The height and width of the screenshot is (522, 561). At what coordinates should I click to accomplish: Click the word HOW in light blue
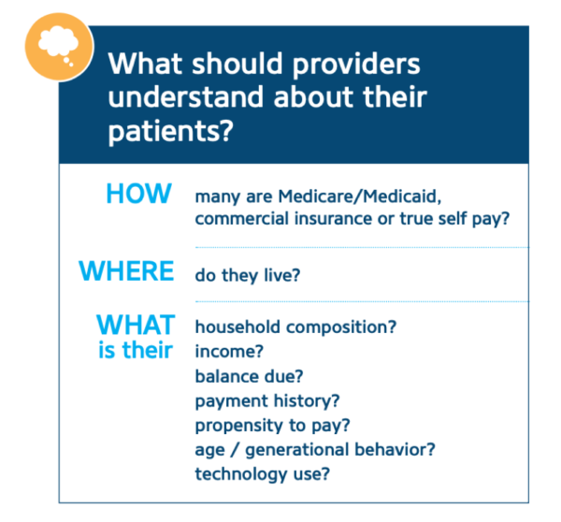tap(138, 194)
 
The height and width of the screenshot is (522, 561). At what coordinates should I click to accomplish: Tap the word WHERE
tap(126, 271)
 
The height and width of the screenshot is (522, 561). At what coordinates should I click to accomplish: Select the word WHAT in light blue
tap(136, 326)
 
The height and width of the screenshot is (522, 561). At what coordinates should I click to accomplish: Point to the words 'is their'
tap(136, 351)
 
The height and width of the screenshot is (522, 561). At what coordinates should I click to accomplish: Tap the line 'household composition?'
tap(295, 327)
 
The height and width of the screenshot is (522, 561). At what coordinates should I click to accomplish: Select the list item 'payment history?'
tap(266, 400)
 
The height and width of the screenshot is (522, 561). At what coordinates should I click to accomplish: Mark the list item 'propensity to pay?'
tap(270, 425)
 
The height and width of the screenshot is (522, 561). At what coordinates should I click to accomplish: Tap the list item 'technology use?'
tap(263, 473)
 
